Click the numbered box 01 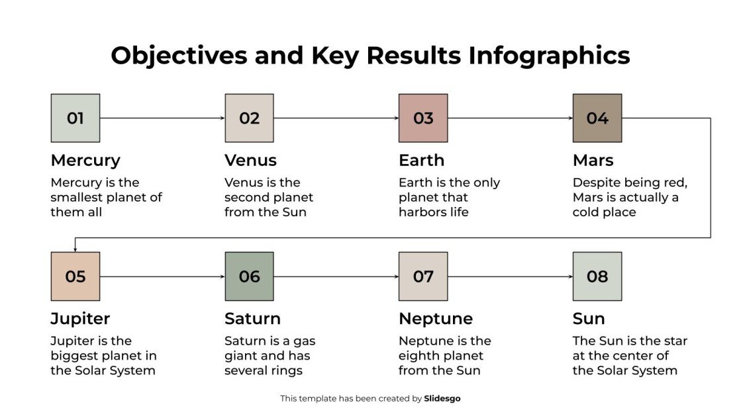coord(75,118)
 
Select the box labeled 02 coord(249,118)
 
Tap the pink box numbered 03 coord(423,118)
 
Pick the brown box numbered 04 coord(597,118)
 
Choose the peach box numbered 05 coord(75,276)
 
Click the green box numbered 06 coord(249,276)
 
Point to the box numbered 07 coord(423,276)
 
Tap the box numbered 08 coord(597,276)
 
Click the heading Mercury coord(85,161)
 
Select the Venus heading coord(250,161)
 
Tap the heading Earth coord(421,161)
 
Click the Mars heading coord(593,161)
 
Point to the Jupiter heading coord(80,319)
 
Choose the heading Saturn coord(252,319)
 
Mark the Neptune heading coord(435,319)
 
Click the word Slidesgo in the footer coord(442,399)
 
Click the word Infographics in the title coord(549,56)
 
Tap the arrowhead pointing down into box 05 coord(75,249)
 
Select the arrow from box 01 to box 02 coord(162,118)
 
